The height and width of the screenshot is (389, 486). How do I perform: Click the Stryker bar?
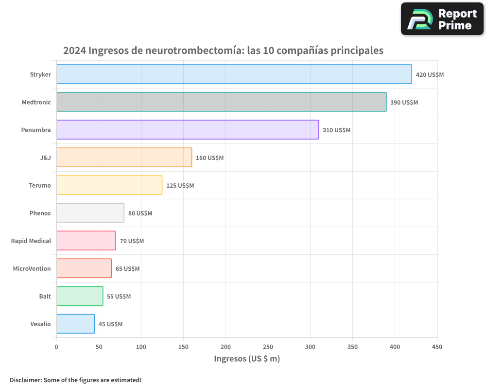234,74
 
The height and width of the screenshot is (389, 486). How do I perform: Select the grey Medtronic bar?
221,102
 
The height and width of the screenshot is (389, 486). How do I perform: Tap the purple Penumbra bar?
188,130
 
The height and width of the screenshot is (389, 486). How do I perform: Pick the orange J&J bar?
124,158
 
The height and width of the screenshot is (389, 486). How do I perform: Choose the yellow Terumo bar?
109,185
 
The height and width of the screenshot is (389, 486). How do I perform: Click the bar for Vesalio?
75,324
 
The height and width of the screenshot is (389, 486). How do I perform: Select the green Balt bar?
80,296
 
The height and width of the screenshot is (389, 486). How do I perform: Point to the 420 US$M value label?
430,75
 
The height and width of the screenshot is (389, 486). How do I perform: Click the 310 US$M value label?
336,130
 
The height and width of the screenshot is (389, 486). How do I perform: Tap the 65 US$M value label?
127,269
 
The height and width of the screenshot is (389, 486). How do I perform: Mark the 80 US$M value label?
140,213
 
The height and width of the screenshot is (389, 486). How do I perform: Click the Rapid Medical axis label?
31,241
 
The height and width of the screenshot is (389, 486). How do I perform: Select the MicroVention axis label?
32,268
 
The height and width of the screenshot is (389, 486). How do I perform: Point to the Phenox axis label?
40,213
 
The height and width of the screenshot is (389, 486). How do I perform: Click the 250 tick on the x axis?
268,347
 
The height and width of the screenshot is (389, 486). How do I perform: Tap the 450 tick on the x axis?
437,347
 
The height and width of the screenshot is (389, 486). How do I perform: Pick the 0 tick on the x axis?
56,347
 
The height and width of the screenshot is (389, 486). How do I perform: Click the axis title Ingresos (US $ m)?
247,359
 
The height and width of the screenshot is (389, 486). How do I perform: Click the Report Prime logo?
442,19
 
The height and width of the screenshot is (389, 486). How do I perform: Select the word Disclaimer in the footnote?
25,380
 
